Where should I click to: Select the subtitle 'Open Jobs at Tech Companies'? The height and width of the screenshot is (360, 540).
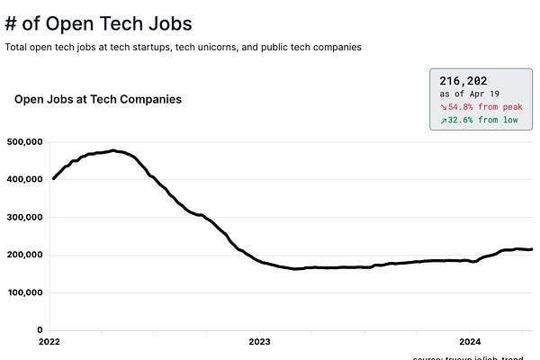point(98,99)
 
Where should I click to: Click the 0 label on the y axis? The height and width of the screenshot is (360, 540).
point(40,330)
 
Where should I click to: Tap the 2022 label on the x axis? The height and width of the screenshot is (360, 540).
point(50,342)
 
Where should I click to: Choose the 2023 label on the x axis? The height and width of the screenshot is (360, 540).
point(259,342)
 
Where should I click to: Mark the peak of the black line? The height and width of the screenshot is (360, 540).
point(113,150)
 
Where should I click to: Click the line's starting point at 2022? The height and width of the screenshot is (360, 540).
point(53,178)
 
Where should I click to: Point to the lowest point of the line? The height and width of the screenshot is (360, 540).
point(296,268)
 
